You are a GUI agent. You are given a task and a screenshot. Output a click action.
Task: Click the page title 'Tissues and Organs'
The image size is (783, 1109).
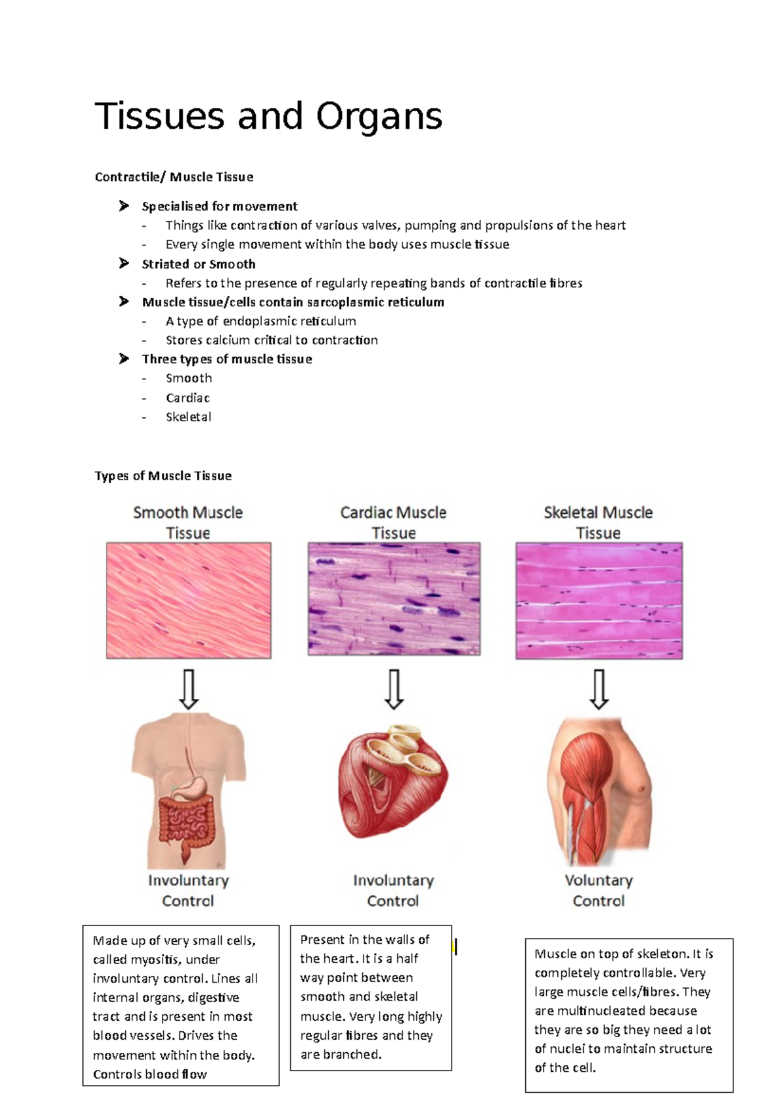(x=268, y=116)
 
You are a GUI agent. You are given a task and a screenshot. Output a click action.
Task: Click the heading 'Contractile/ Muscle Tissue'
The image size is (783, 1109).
(x=174, y=177)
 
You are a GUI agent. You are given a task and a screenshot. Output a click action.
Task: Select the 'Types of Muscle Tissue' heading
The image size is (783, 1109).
(x=163, y=476)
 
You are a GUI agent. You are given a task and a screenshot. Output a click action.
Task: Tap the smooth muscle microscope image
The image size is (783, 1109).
(x=189, y=600)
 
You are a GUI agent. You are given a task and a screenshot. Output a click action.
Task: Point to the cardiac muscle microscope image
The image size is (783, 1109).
(x=394, y=598)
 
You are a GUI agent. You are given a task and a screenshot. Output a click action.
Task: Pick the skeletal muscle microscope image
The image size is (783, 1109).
(x=599, y=600)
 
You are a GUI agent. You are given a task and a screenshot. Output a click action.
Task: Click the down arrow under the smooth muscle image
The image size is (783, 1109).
(x=189, y=689)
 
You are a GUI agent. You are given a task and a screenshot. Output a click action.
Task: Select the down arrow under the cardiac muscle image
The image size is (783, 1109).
(x=393, y=689)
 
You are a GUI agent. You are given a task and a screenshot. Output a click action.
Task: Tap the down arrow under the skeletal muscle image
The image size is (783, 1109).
(x=599, y=689)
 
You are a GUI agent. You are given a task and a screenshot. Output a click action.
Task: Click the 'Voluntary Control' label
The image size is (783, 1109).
(x=598, y=890)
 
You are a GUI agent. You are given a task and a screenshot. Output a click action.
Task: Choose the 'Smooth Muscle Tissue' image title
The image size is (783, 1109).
(x=188, y=522)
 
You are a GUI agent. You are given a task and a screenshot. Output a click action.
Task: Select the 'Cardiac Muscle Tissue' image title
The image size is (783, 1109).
(x=393, y=522)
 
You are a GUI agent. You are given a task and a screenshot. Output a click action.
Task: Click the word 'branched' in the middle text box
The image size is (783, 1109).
(x=355, y=1055)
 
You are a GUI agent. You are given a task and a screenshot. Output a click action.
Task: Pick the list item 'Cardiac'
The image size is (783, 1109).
(x=187, y=398)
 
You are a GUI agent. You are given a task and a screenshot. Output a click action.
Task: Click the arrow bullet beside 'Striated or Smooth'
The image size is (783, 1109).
(x=124, y=264)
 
